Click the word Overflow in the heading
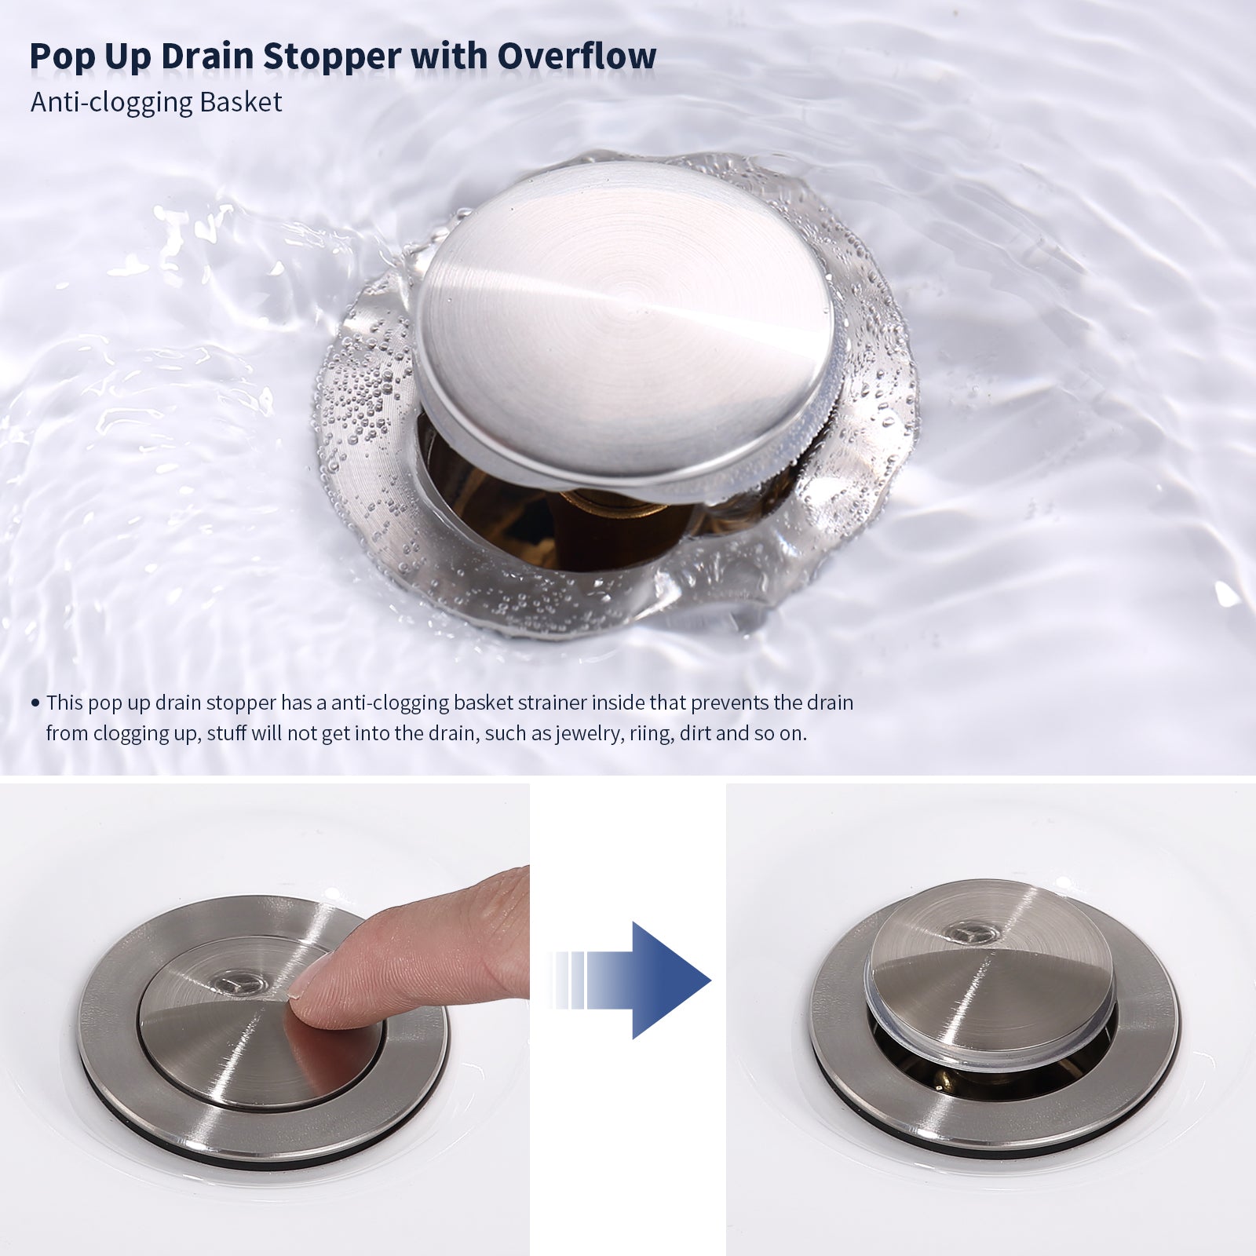577,57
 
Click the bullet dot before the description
35,703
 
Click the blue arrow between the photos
632,980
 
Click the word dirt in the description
696,734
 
